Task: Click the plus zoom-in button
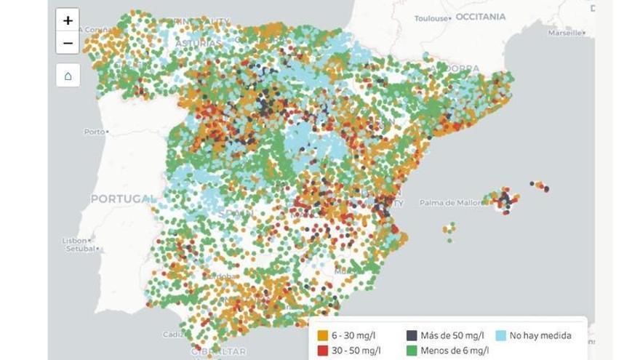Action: pyautogui.click(x=68, y=20)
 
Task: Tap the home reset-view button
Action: pyautogui.click(x=68, y=76)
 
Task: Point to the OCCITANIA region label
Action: pyautogui.click(x=480, y=16)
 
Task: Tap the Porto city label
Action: pyautogui.click(x=94, y=132)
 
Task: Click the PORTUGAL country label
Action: pyautogui.click(x=122, y=199)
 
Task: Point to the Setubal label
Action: pyautogui.click(x=80, y=249)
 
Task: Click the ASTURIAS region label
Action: pyautogui.click(x=197, y=43)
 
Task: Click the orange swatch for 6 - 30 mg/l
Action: pyautogui.click(x=322, y=336)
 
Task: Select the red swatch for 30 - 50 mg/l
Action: pyautogui.click(x=322, y=351)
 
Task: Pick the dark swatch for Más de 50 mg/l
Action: pyautogui.click(x=412, y=336)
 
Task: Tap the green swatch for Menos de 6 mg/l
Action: pyautogui.click(x=412, y=351)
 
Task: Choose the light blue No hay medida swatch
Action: pyautogui.click(x=500, y=336)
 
